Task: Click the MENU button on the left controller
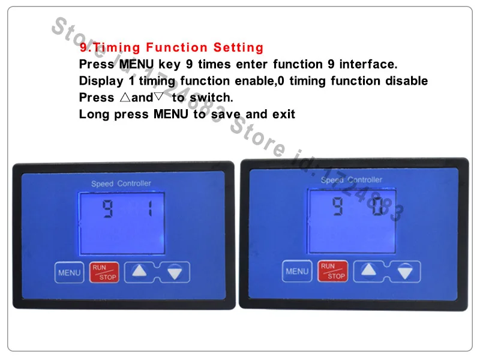(x=69, y=272)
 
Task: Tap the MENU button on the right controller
(x=297, y=271)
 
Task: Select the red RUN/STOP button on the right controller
(x=333, y=271)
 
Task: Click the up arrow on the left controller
(x=139, y=271)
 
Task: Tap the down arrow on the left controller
(x=175, y=272)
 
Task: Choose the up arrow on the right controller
(x=368, y=269)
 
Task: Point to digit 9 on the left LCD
(x=108, y=209)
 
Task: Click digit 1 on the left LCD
(x=150, y=208)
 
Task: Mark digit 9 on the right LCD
(x=337, y=206)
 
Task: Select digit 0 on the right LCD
(x=377, y=206)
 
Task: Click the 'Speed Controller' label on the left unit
(x=121, y=184)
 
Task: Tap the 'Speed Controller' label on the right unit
(x=352, y=179)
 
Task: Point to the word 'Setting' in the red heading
(x=238, y=47)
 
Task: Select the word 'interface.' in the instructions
(x=368, y=64)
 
